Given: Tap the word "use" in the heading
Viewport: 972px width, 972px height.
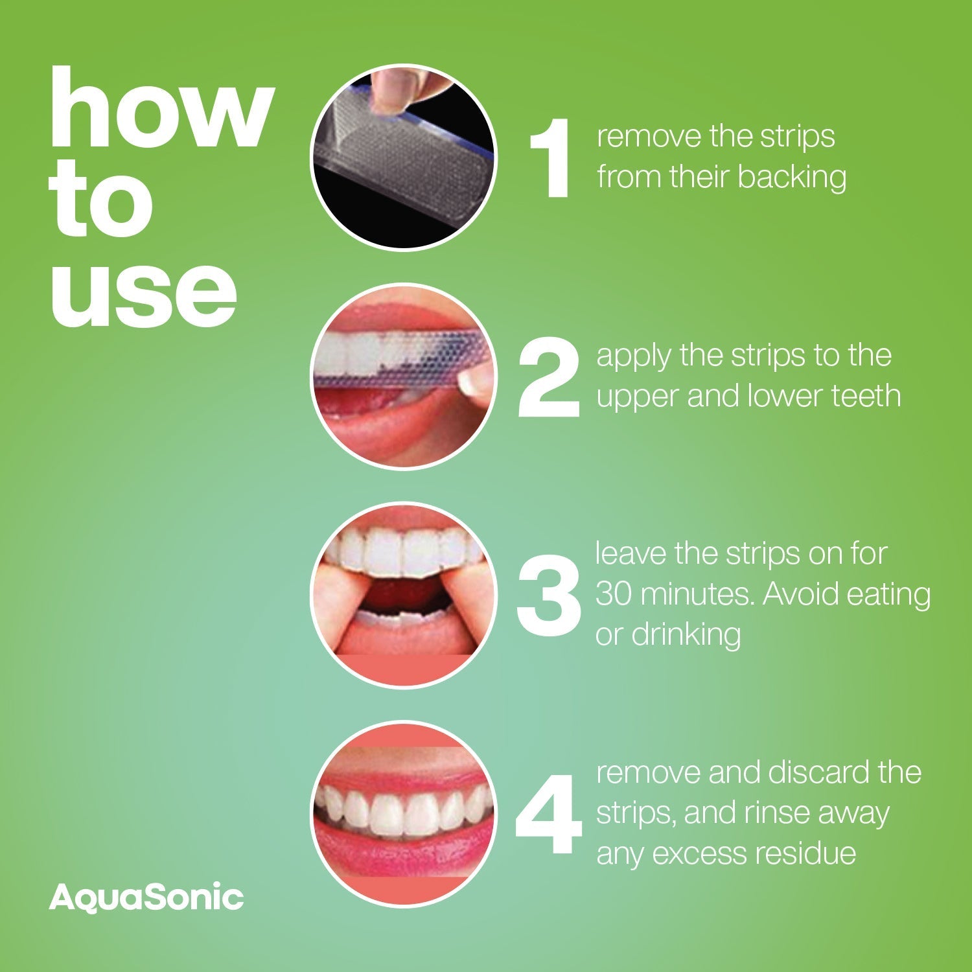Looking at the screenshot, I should (144, 289).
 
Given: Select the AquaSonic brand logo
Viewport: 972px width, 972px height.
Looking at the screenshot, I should (146, 897).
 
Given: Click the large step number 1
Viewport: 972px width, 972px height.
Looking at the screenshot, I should (551, 159).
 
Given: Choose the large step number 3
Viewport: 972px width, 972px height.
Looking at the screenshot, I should (548, 596).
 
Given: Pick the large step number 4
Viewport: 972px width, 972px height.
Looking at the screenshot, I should (548, 815).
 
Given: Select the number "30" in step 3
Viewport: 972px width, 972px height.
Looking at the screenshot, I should (614, 594).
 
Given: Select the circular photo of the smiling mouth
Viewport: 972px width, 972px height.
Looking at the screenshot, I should (403, 814).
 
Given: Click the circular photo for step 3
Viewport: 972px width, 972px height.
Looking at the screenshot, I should (403, 595).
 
